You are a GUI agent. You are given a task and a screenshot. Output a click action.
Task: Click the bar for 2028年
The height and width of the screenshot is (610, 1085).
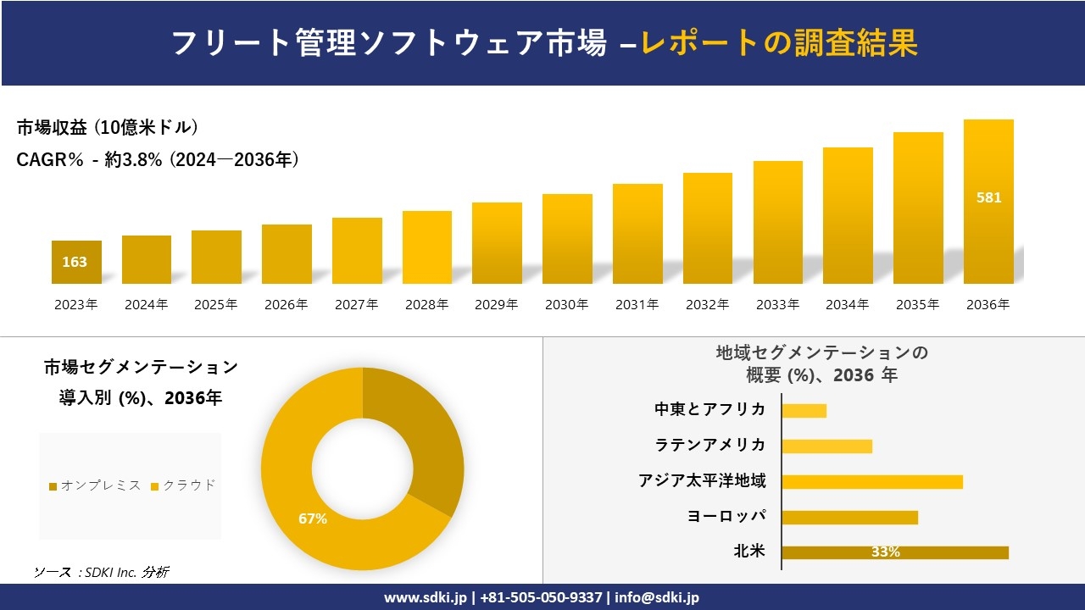coord(427,247)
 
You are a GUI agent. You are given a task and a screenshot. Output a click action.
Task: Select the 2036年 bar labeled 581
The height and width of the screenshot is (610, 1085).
coord(988,202)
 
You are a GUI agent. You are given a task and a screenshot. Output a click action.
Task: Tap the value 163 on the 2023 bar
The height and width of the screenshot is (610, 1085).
coord(75,263)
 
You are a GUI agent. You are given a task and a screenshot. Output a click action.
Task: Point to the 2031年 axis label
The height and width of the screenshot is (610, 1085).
coord(637,305)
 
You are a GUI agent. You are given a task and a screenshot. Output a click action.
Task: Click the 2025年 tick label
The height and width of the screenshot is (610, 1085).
coord(216,305)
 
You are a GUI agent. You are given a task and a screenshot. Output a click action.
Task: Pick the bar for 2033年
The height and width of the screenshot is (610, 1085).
coord(777,222)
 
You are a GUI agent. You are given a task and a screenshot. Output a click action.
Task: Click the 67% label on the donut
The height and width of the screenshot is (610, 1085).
coord(313,518)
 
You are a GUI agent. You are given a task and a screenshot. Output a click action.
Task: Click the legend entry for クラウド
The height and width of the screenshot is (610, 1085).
coord(183,485)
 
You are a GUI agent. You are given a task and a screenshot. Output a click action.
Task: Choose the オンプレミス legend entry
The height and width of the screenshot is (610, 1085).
coord(95,485)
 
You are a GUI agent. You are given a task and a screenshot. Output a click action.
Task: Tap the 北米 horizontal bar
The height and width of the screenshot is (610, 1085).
coord(894,552)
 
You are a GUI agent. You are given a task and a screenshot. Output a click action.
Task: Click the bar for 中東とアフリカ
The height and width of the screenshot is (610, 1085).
coord(804,411)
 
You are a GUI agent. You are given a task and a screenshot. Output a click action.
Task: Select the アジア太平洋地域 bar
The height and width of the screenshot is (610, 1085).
coord(872,482)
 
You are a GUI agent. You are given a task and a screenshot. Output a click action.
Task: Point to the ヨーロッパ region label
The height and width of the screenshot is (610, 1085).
coord(726,516)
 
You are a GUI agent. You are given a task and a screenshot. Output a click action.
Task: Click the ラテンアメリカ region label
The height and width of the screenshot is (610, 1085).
coord(710,445)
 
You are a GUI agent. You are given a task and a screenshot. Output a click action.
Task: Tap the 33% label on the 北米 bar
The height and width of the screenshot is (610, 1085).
coord(885,552)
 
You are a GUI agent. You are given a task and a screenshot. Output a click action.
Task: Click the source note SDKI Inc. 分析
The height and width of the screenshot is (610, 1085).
coord(101,573)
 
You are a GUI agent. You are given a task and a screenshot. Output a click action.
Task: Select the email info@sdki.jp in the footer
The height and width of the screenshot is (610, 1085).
coord(656,597)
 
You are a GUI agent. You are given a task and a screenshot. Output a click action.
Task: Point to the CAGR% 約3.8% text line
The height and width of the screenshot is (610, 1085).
coord(158,160)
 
